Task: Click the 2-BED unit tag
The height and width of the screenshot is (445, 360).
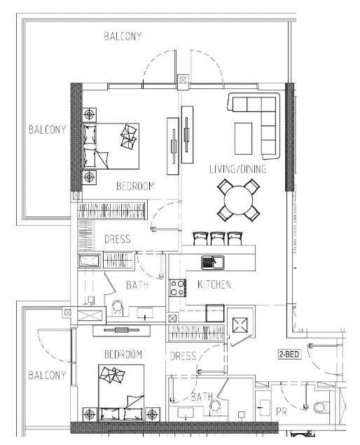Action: point(289,354)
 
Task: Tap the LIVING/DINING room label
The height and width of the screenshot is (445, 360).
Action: point(238,169)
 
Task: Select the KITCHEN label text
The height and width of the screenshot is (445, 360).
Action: point(214,285)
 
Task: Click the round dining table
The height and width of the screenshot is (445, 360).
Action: point(238,200)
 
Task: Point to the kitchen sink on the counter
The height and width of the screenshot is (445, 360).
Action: point(213,263)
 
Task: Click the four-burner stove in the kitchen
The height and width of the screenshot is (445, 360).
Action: point(178,288)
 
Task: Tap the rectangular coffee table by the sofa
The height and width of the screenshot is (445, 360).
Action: point(244,139)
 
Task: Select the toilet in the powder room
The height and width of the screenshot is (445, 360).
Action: point(320,408)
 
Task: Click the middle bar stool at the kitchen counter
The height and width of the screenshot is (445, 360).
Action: point(218,238)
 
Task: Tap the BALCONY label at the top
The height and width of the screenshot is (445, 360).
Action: point(123,36)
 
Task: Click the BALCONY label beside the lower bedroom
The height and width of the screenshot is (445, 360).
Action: point(47,375)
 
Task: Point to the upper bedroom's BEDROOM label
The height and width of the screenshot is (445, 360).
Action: point(135,186)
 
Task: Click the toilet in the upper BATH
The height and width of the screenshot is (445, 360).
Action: point(118,308)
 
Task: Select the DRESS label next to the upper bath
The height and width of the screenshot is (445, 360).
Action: point(118,239)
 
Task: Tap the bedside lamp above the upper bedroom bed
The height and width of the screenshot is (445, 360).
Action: point(90,115)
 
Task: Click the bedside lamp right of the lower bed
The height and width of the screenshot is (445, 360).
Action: point(153,414)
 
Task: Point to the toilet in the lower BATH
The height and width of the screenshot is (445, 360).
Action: point(216,406)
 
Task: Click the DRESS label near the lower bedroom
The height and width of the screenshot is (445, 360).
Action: point(183,356)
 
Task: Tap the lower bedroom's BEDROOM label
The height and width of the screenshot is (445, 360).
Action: point(123,355)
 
